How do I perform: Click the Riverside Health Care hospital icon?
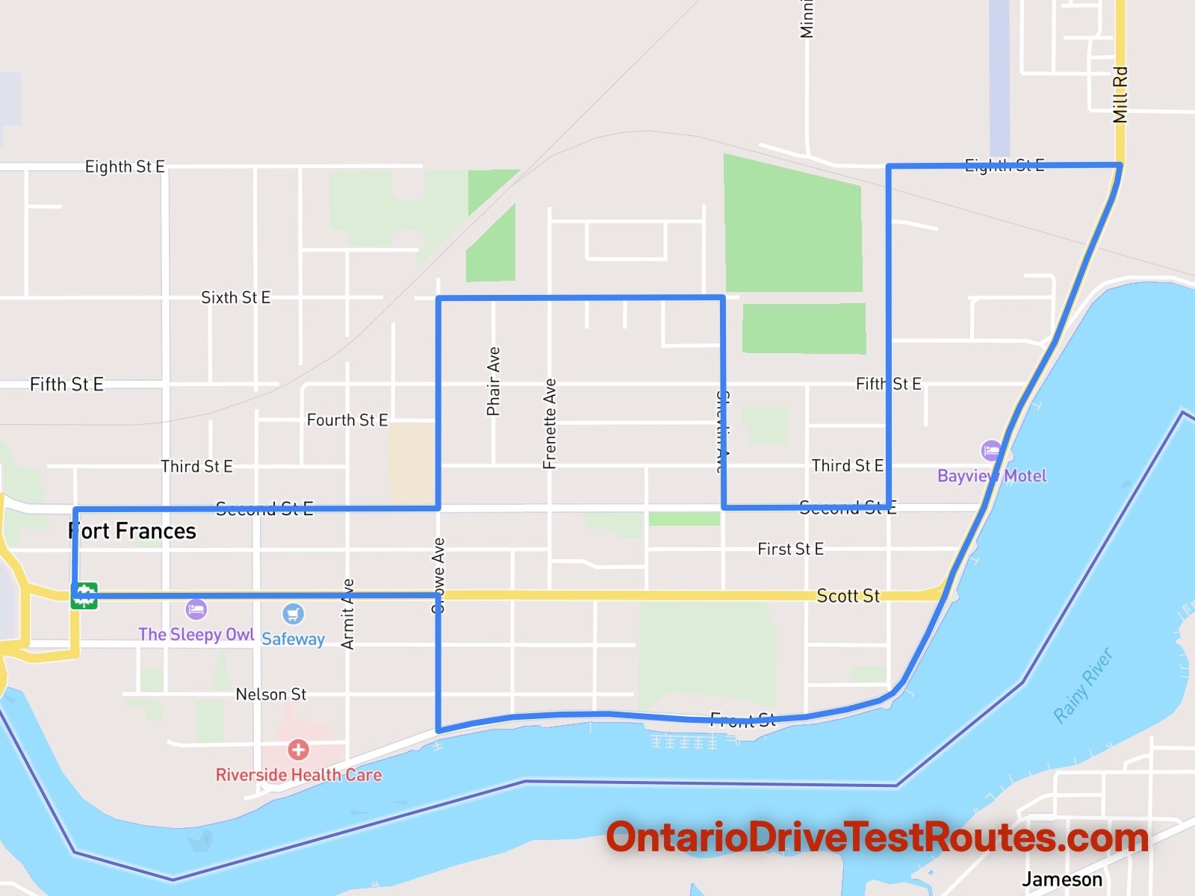point(298,750)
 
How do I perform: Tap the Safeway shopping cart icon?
point(293,614)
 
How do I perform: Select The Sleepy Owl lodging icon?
point(196,609)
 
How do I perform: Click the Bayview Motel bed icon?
point(991,451)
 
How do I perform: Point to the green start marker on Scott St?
point(84,596)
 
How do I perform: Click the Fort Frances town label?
point(132,531)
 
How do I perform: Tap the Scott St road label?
point(848,596)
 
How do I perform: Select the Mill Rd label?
point(1120,95)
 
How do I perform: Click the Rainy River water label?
point(1083,685)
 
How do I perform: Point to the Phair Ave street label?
point(493,381)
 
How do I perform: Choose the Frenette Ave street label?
point(550,423)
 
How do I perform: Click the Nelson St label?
point(270,694)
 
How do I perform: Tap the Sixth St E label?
point(235,298)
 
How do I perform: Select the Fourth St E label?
point(347,420)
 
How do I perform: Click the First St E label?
point(790,550)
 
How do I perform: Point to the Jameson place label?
point(1061,880)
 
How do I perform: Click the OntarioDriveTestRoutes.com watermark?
point(877,837)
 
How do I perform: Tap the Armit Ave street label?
point(347,614)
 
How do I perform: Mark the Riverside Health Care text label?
point(298,775)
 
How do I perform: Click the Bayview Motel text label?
point(992,476)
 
